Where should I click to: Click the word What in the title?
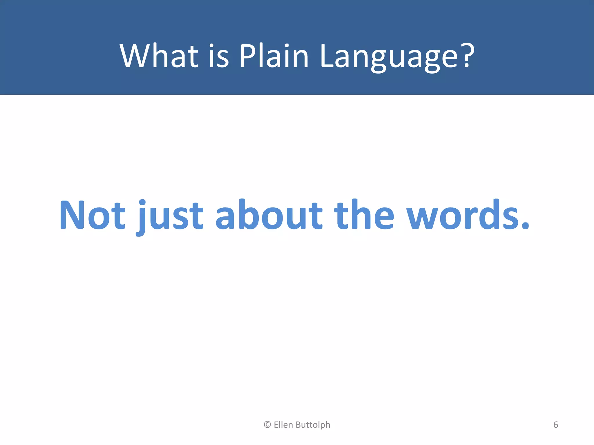[x=159, y=56]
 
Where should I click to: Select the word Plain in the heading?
[x=274, y=56]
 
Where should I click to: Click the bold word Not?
[x=92, y=215]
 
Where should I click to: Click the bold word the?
[x=364, y=215]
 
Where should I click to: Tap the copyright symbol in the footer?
[x=267, y=425]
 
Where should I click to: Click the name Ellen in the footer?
[x=283, y=425]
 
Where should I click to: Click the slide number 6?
[x=556, y=425]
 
